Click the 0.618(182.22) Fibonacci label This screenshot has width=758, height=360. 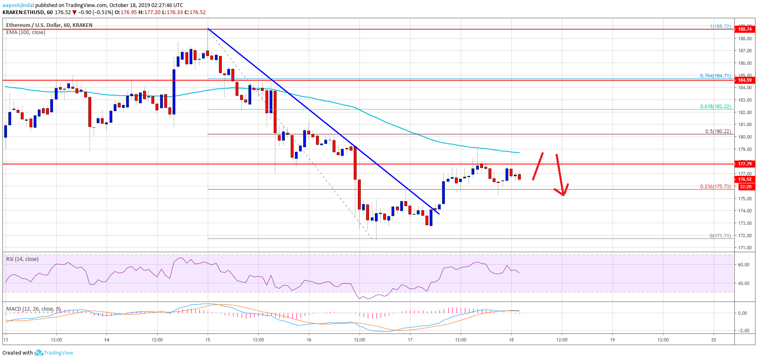(715, 107)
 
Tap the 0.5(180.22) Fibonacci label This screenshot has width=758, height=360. (718, 131)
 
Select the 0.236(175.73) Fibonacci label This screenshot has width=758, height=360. (715, 187)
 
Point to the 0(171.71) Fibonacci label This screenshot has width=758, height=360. (720, 236)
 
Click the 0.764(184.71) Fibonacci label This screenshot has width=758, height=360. (715, 76)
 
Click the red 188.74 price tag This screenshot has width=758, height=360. (744, 29)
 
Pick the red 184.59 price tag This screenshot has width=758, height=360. (744, 80)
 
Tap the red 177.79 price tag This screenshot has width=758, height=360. (744, 164)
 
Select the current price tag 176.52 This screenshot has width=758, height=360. (744, 180)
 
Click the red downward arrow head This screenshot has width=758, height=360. (563, 192)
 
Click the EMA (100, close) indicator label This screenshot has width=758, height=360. (26, 32)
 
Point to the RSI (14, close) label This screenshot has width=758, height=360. (22, 259)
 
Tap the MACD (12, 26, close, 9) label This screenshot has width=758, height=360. (33, 309)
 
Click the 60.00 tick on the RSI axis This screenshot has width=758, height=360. (743, 265)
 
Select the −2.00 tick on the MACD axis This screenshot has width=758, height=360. (743, 331)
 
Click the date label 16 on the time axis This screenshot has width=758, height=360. (309, 340)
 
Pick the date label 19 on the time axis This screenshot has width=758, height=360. (612, 340)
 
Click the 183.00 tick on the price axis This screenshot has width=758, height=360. (745, 100)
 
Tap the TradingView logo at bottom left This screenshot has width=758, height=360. (53, 353)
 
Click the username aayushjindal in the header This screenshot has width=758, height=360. (18, 5)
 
